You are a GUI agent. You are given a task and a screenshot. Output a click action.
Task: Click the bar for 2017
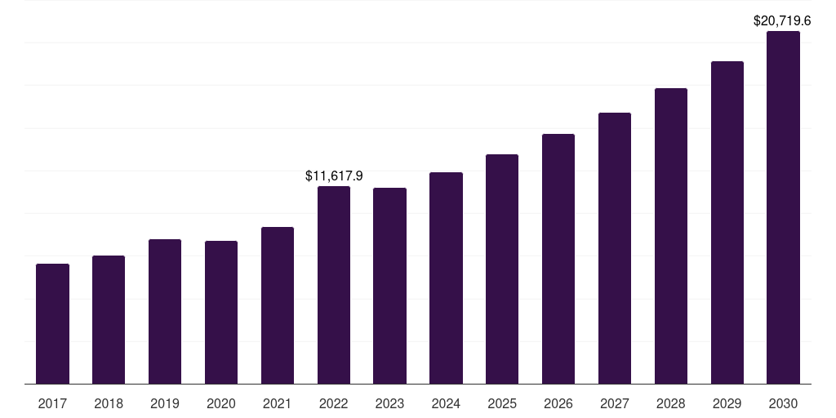click(x=52, y=323)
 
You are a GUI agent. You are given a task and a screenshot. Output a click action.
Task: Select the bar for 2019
click(x=165, y=311)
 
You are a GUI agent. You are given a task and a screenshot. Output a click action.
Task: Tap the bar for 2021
click(x=278, y=305)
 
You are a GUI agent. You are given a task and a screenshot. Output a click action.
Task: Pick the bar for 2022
click(x=334, y=285)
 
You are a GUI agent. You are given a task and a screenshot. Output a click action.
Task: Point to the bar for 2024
click(x=447, y=278)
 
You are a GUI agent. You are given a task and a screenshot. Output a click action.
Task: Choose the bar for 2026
click(x=558, y=259)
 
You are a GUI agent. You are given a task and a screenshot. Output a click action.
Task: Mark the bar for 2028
click(x=671, y=236)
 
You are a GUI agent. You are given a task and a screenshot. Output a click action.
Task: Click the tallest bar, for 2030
click(x=783, y=207)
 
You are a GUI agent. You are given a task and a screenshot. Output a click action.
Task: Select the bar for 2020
click(x=221, y=313)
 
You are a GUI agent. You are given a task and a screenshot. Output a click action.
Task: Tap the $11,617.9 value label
click(x=334, y=176)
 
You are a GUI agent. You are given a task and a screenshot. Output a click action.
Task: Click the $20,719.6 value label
click(x=782, y=20)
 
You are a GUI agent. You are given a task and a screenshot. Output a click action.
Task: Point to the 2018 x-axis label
click(x=109, y=403)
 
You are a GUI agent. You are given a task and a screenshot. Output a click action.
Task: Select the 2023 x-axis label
click(x=389, y=403)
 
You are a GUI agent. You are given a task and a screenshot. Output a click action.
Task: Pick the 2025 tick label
click(x=502, y=403)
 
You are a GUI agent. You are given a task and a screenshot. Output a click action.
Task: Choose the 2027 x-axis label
click(x=615, y=403)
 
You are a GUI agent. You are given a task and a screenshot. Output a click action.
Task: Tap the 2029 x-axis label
click(x=727, y=403)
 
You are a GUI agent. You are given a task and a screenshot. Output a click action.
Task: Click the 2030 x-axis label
click(x=783, y=403)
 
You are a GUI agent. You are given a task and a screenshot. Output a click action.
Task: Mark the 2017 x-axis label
click(x=52, y=403)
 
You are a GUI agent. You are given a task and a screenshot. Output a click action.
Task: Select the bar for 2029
click(x=727, y=222)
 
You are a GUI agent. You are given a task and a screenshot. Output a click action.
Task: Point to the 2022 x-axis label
click(x=334, y=403)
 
